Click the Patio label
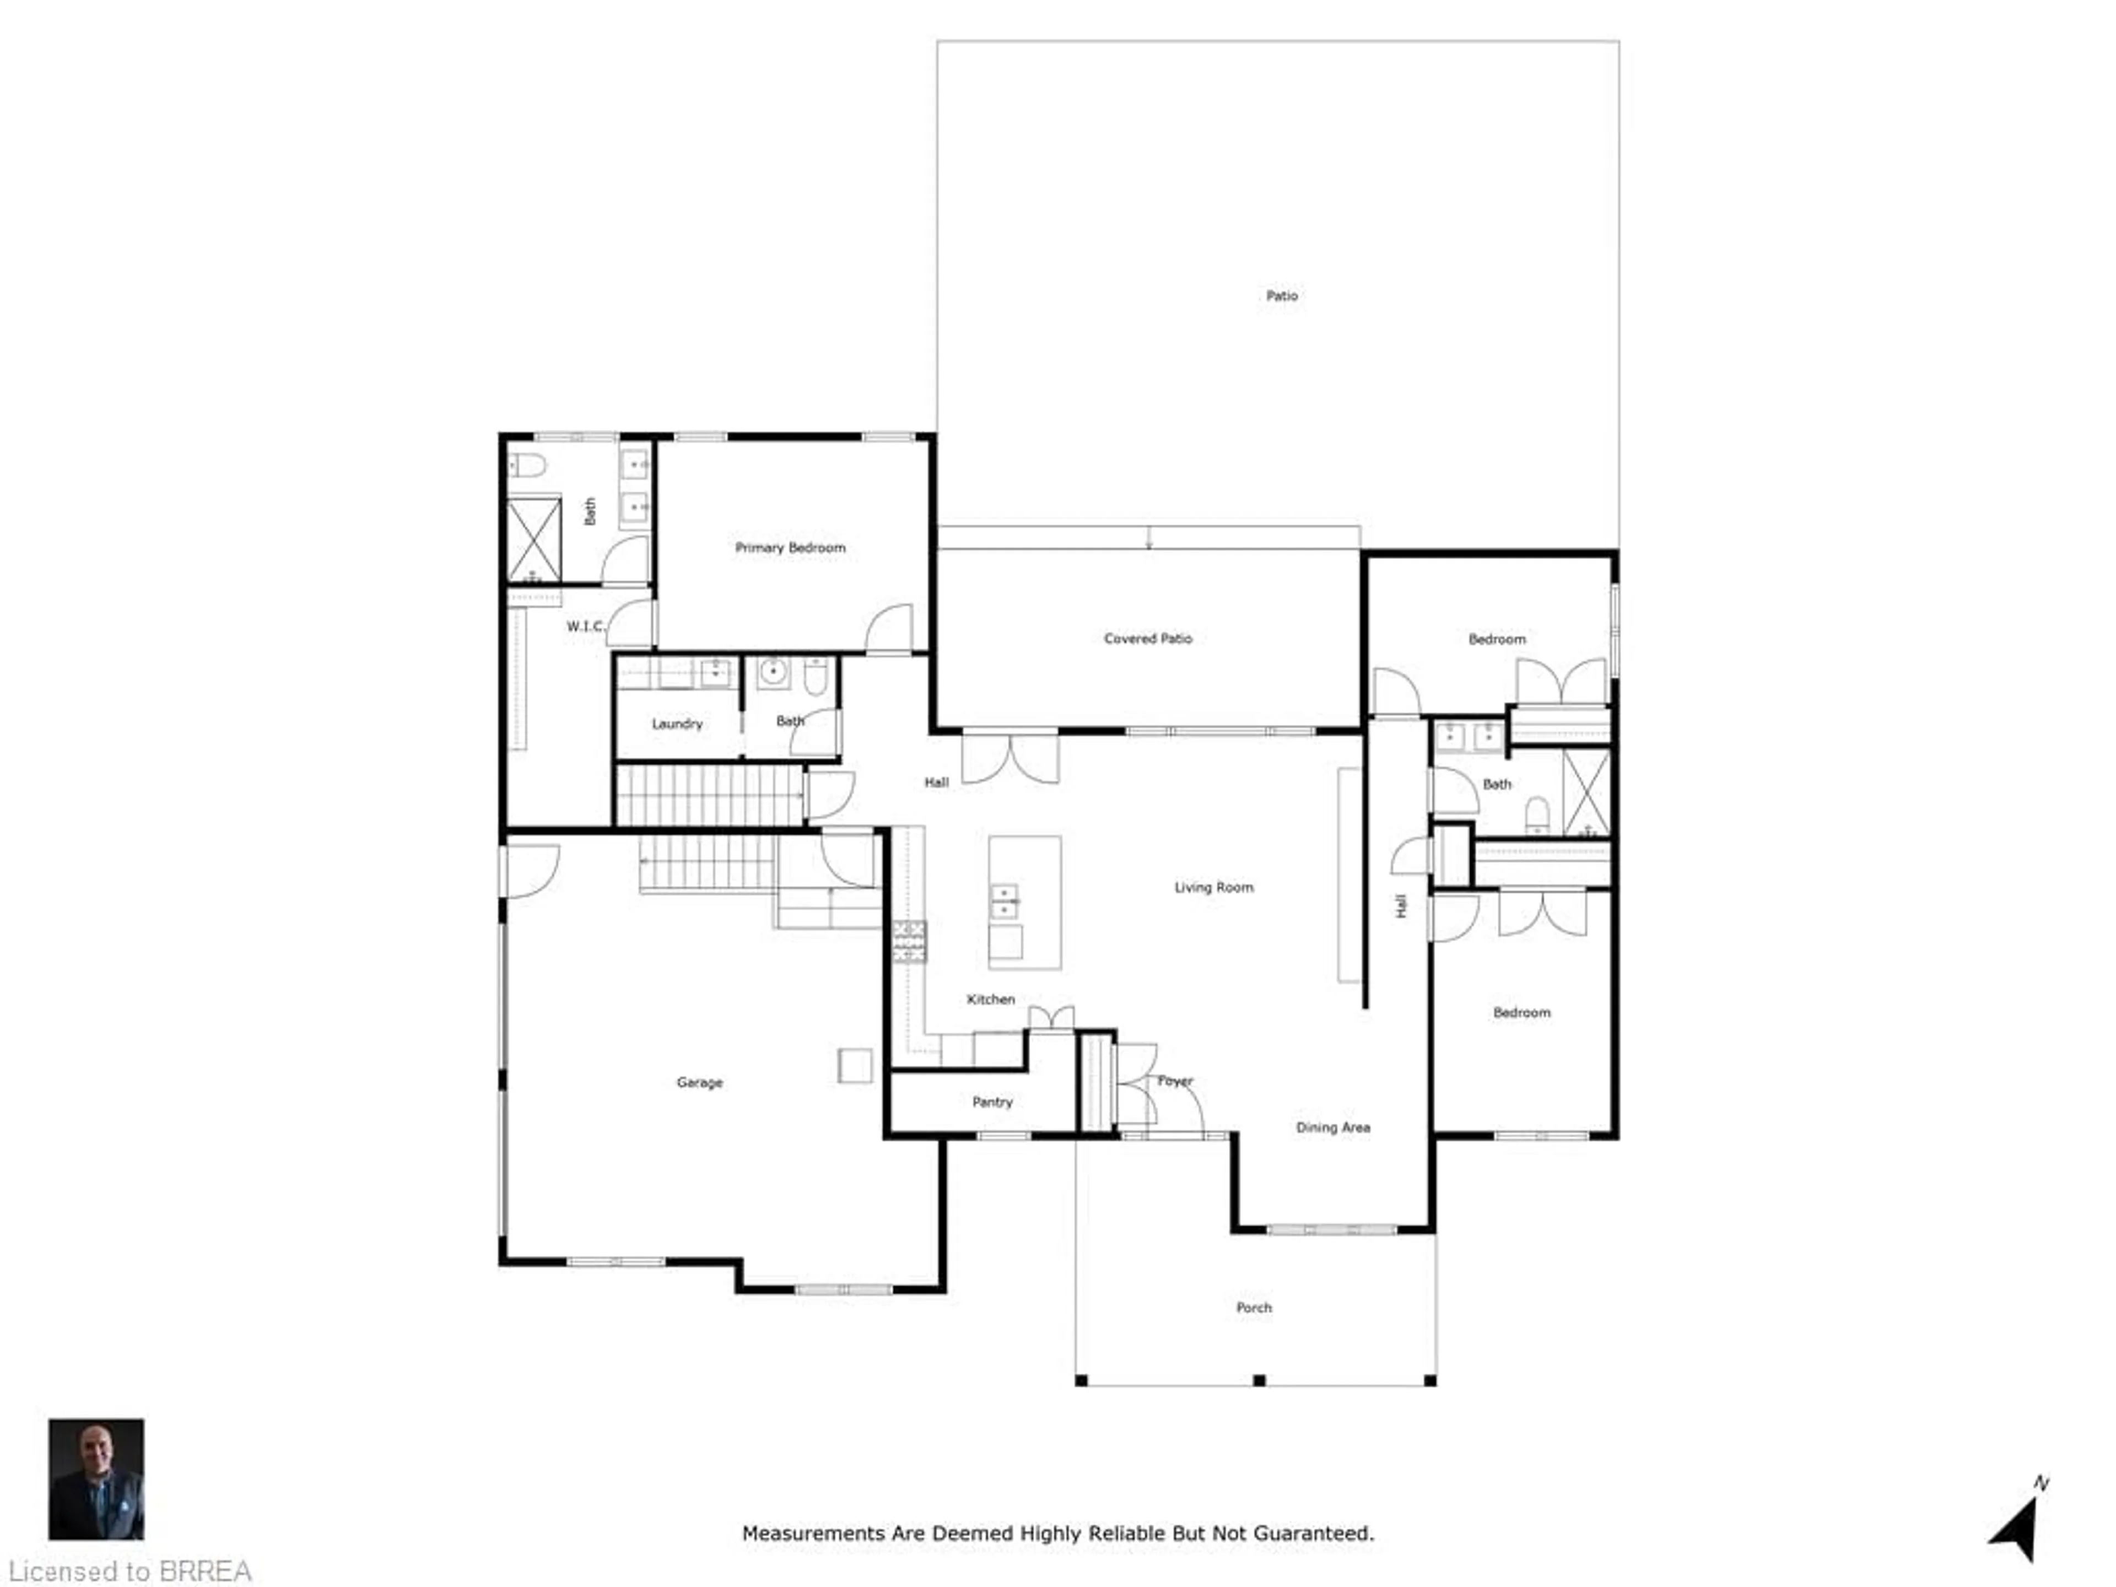[1282, 295]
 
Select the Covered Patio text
[1148, 638]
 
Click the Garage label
[699, 1082]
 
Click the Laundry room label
[677, 723]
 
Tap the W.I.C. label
[585, 627]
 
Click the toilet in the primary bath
[526, 466]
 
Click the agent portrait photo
[96, 1478]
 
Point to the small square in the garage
[854, 1066]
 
